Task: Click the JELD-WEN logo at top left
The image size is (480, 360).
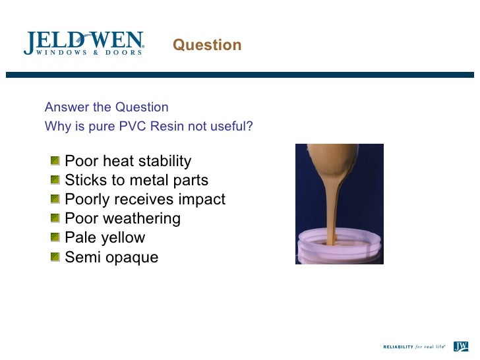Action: tap(84, 43)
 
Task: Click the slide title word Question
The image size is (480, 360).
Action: tap(207, 45)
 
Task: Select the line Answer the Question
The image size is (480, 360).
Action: tap(106, 107)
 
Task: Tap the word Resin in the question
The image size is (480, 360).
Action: tap(167, 126)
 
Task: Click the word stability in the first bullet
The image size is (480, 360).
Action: tap(164, 162)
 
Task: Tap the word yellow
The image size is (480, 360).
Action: tap(124, 238)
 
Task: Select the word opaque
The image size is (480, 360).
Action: tap(131, 258)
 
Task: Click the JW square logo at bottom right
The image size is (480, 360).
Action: tap(461, 345)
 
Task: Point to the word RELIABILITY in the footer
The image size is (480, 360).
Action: tap(398, 346)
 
